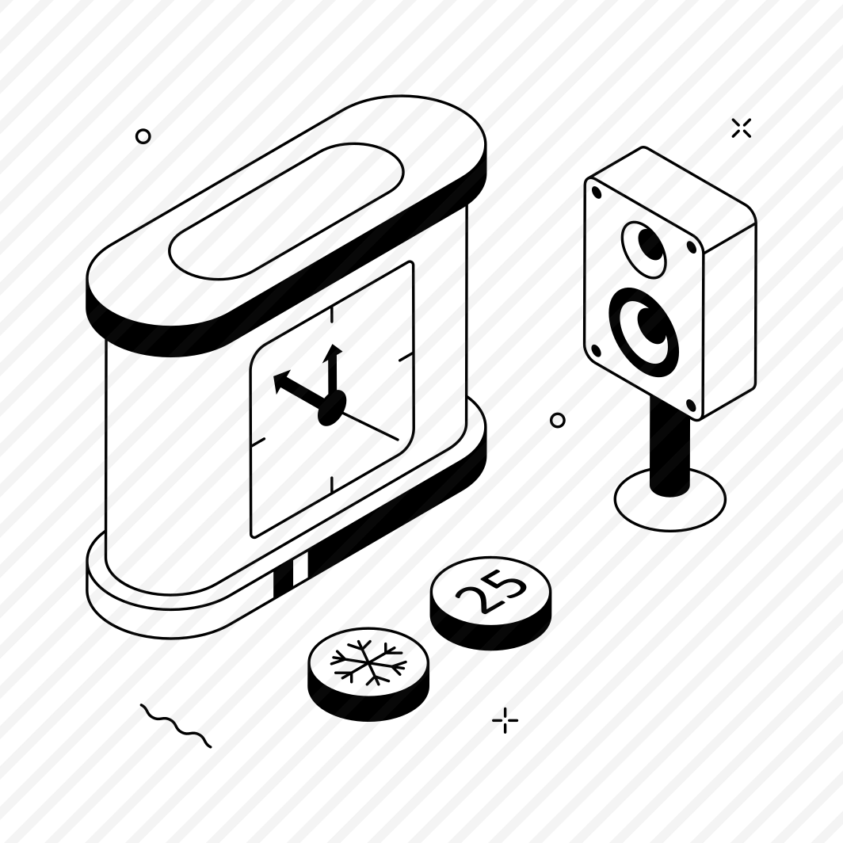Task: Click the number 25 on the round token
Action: pyautogui.click(x=490, y=591)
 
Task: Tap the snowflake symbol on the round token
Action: pyautogui.click(x=368, y=662)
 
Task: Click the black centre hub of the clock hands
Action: pyautogui.click(x=332, y=410)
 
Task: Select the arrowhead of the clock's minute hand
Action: pyautogui.click(x=334, y=350)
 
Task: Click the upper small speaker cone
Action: pyautogui.click(x=645, y=250)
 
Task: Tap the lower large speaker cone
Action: pyautogui.click(x=643, y=332)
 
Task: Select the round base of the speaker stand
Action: pyautogui.click(x=670, y=499)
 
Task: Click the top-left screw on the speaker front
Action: pyautogui.click(x=597, y=192)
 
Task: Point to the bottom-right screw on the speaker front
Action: pyautogui.click(x=691, y=405)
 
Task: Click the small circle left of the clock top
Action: pyautogui.click(x=143, y=136)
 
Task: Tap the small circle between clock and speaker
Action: pyautogui.click(x=558, y=420)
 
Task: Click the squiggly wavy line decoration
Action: pyautogui.click(x=176, y=725)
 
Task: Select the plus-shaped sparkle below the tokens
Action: pyautogui.click(x=505, y=720)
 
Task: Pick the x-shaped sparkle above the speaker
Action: pyautogui.click(x=742, y=128)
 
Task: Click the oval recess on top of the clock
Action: pyautogui.click(x=285, y=211)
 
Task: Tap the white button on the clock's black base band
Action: pyautogui.click(x=300, y=569)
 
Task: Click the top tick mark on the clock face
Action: pyautogui.click(x=332, y=315)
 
